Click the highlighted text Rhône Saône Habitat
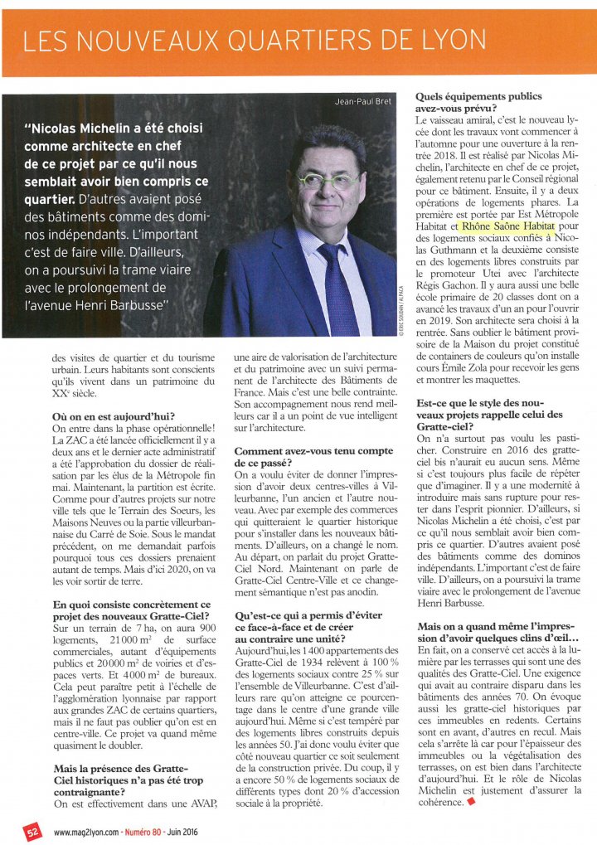tap(506, 224)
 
